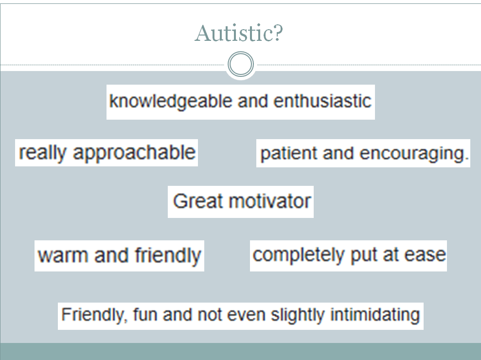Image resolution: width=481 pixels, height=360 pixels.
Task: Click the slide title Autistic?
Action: coord(239,33)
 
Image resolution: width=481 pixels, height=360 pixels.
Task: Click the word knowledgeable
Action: coord(171,102)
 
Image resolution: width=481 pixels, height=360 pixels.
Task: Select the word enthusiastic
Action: coord(322,101)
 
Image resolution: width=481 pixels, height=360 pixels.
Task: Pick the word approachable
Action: coord(134,153)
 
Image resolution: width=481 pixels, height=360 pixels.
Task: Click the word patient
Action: coord(288,153)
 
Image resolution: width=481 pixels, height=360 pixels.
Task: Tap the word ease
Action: coord(425,255)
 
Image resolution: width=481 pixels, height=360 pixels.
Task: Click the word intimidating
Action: coord(375,315)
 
